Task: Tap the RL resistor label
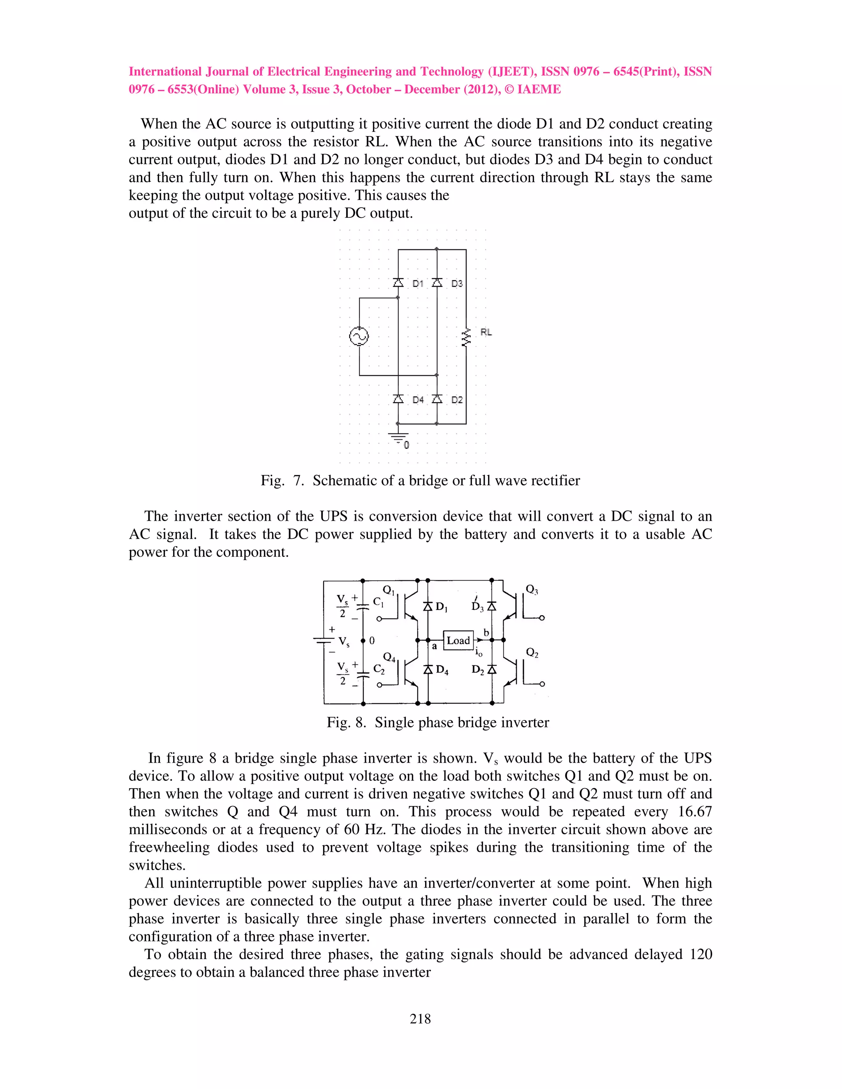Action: coord(486,332)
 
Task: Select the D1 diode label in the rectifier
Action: coord(418,284)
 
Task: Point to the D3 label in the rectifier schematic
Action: coord(457,284)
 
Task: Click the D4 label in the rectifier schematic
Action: coord(418,400)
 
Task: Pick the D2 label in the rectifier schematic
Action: coord(457,400)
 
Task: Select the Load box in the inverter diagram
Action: coord(458,640)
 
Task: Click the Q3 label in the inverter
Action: coord(532,589)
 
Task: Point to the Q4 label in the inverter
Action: coord(389,657)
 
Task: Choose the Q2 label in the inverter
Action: coord(532,653)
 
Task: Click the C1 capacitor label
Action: coord(378,602)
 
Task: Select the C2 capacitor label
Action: coord(379,670)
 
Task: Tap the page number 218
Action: coord(420,1018)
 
